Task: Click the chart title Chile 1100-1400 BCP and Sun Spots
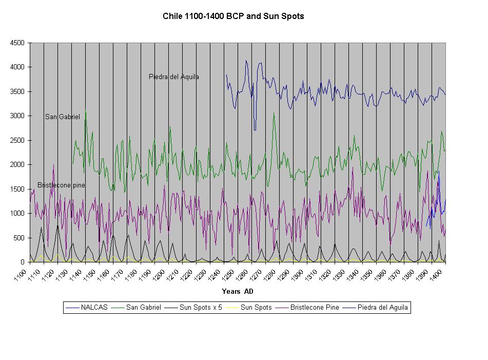click(233, 16)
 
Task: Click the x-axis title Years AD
click(238, 292)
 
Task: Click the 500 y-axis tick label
click(19, 238)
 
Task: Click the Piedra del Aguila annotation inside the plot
click(174, 77)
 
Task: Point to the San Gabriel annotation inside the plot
click(63, 117)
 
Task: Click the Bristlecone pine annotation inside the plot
click(61, 185)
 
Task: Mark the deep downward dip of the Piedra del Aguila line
click(255, 128)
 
